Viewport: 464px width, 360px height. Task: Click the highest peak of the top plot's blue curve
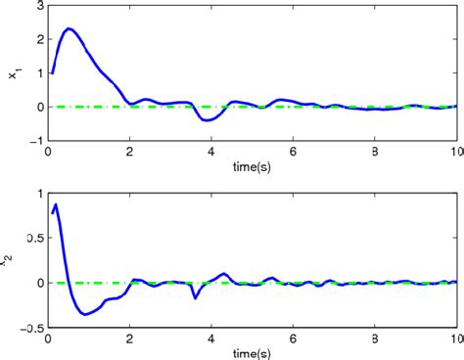click(69, 29)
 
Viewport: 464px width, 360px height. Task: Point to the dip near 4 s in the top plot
click(209, 120)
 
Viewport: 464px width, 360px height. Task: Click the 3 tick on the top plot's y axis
click(38, 7)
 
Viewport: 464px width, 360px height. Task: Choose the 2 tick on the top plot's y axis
click(38, 40)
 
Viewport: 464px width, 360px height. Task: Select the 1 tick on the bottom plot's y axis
click(38, 193)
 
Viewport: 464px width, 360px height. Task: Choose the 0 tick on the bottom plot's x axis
click(48, 336)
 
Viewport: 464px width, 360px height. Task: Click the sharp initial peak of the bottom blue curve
click(57, 204)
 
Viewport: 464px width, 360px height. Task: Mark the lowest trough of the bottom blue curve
click(85, 314)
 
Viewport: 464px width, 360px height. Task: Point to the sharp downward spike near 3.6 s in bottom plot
click(195, 297)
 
